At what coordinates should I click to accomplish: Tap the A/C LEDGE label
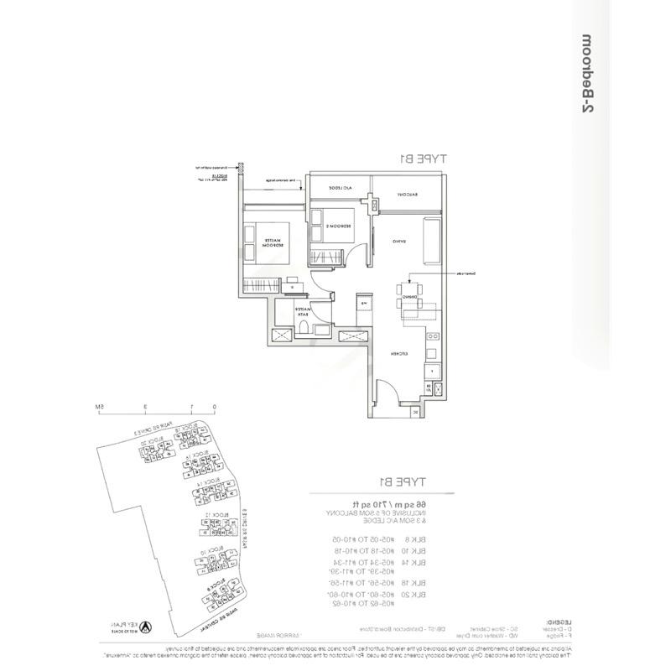click(336, 189)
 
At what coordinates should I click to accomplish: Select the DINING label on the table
click(409, 296)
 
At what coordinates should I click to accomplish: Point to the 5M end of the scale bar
click(98, 407)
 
